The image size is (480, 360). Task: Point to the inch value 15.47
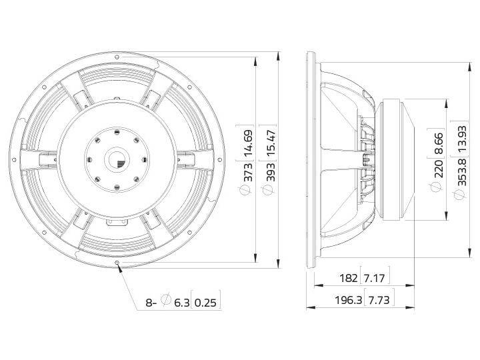pyautogui.click(x=267, y=140)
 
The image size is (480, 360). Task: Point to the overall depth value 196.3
pyautogui.click(x=347, y=300)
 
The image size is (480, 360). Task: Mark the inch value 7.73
pyautogui.click(x=379, y=300)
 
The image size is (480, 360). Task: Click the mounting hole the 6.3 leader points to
pyautogui.click(x=118, y=264)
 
